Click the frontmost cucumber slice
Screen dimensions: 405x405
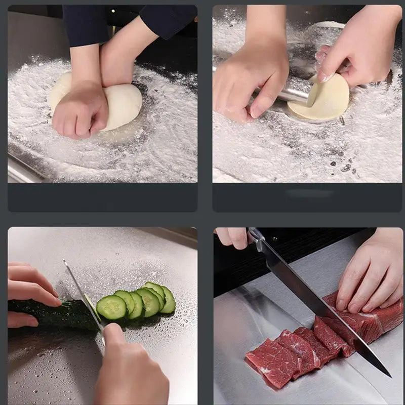point(111,307)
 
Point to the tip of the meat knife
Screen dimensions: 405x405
point(389,375)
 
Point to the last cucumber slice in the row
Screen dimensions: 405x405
point(168,300)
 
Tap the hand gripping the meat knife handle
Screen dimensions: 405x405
point(233,237)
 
